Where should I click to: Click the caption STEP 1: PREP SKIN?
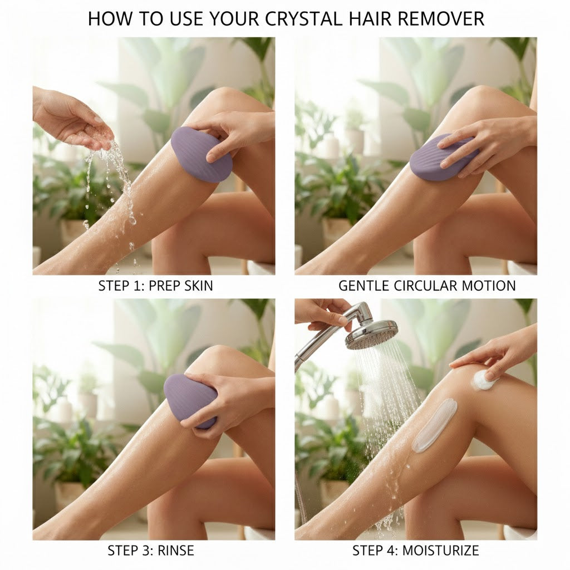click(x=155, y=287)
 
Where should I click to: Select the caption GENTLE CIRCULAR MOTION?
click(x=427, y=287)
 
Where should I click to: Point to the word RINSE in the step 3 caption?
click(x=176, y=551)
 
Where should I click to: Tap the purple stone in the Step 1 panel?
click(x=200, y=154)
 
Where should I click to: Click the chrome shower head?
click(x=371, y=333)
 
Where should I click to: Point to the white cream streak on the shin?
click(x=434, y=425)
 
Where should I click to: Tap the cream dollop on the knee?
click(x=482, y=381)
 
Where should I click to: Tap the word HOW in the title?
click(x=106, y=18)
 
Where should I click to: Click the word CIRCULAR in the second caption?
click(x=428, y=287)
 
